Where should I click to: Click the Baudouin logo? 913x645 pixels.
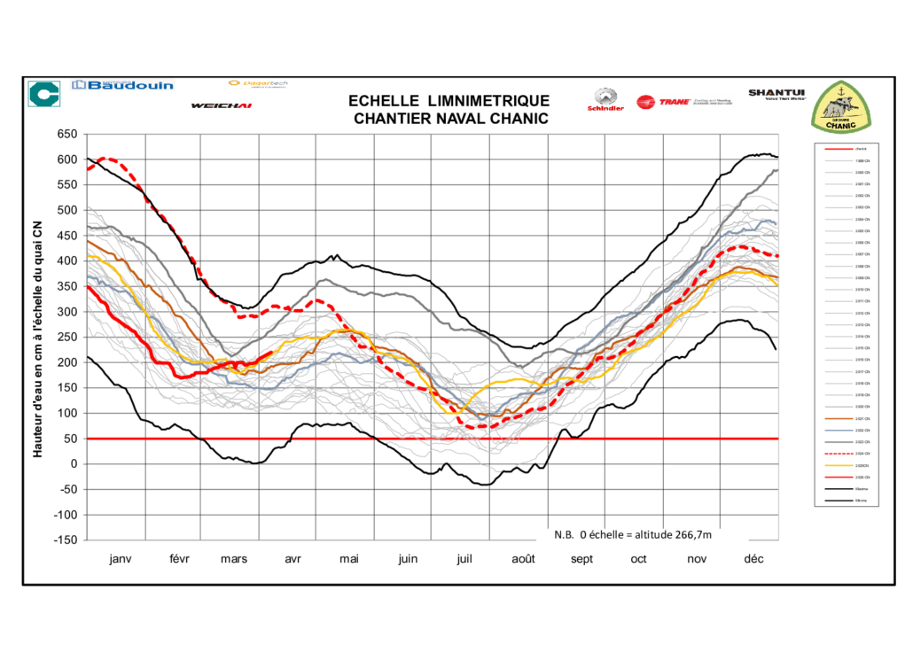click(x=123, y=86)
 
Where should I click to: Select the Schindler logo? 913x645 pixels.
click(x=605, y=100)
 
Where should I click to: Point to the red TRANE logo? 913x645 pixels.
click(x=656, y=102)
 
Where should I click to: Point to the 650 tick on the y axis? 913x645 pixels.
click(x=68, y=135)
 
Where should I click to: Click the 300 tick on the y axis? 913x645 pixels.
click(x=68, y=312)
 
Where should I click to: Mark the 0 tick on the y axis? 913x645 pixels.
click(x=74, y=464)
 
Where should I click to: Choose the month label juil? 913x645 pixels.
click(x=464, y=559)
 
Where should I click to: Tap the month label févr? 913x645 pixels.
click(x=179, y=559)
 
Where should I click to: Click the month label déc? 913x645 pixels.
click(x=753, y=559)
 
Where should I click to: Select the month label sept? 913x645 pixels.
click(x=581, y=559)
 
